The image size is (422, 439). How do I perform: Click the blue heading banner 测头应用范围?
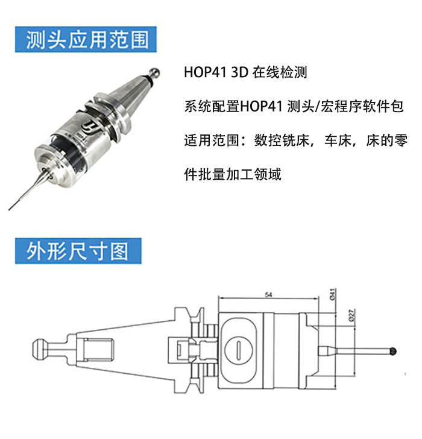tap(86, 39)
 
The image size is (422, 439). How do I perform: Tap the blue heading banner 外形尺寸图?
tap(78, 251)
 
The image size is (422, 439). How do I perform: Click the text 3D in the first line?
tap(240, 72)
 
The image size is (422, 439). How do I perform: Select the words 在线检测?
tap(280, 72)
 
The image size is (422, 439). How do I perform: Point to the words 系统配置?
tap(212, 106)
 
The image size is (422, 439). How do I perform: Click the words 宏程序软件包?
tap(362, 106)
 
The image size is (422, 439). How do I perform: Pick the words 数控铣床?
tap(282, 141)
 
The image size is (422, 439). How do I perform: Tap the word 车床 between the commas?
tap(338, 141)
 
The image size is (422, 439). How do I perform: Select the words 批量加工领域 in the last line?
tap(240, 174)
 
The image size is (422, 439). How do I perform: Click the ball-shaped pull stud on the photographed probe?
tap(154, 73)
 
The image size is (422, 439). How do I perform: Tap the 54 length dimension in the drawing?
tap(268, 294)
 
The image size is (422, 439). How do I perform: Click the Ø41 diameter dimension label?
tap(332, 294)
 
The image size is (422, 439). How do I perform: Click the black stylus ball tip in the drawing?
tap(393, 351)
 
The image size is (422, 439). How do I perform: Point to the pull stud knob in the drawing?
tap(39, 349)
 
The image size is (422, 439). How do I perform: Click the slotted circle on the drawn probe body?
tap(239, 350)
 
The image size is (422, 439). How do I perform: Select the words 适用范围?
tap(212, 141)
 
